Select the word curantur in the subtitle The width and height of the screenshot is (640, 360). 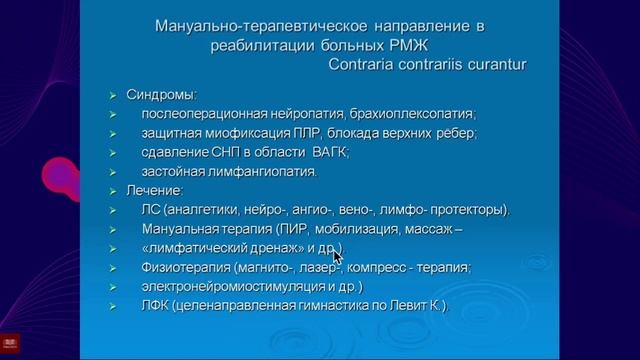coord(495,65)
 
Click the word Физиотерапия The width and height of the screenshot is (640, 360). coord(187,267)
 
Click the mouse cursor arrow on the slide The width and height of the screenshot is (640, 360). coord(338,256)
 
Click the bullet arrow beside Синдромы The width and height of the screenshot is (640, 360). coord(113,96)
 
